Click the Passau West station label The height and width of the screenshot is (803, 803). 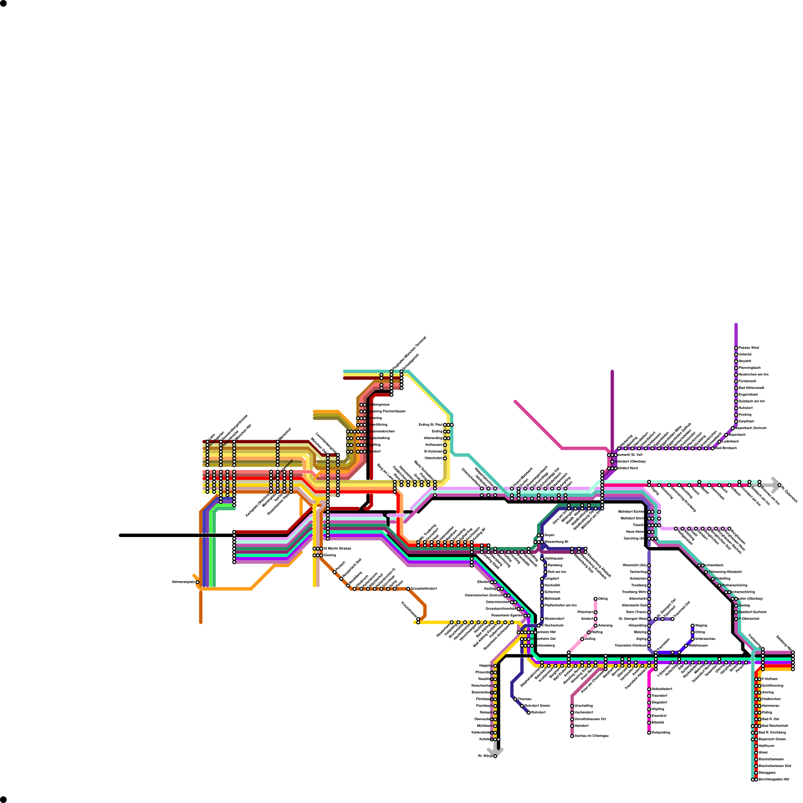749,348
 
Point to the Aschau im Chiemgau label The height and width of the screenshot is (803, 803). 591,736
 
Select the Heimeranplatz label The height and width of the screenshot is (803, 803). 183,582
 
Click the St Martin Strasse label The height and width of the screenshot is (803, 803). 337,549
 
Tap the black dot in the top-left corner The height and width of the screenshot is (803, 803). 4,4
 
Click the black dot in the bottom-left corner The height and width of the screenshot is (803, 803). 4,799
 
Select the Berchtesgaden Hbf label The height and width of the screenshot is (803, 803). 774,779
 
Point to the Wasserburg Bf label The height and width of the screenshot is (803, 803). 556,542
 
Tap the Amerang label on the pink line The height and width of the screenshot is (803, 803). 605,625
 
